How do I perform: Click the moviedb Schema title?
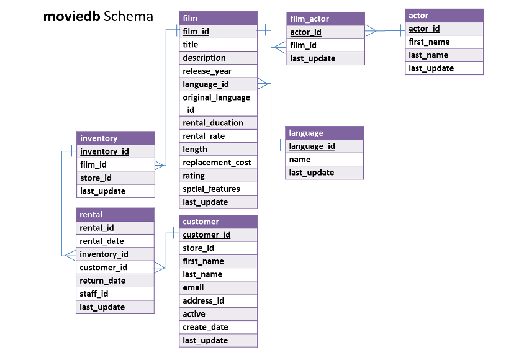[98, 17]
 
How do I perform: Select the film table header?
[218, 18]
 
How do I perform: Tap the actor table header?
[444, 16]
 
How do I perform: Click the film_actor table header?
[325, 19]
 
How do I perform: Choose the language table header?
[324, 133]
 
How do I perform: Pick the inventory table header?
[115, 138]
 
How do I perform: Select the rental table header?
[115, 215]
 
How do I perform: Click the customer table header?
[218, 222]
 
